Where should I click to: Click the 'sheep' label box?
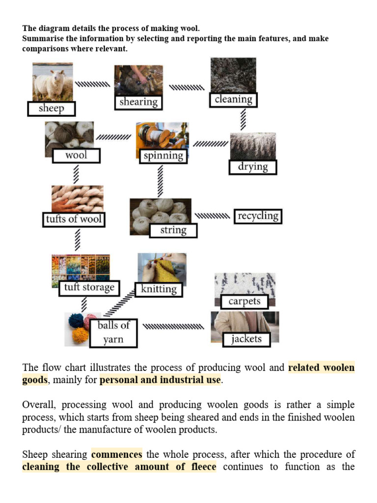51,109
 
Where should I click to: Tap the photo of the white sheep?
53,81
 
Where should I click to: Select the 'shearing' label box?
138,102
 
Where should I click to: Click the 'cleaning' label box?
233,100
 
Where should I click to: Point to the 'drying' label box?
253,167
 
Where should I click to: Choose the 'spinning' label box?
163,156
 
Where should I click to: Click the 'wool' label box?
76,156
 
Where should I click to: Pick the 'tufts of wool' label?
74,219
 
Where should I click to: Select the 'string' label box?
173,230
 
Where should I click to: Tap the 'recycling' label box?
258,216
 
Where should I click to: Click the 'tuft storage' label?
89,288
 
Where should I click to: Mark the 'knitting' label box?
159,289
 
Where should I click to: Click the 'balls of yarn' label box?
113,333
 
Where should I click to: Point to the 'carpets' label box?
244,301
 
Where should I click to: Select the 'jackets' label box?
246,339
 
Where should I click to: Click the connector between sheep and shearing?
93,84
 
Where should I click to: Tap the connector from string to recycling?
212,216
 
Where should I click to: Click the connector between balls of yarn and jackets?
173,326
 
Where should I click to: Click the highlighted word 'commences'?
117,454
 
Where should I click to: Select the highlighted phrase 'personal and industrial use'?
160,380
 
